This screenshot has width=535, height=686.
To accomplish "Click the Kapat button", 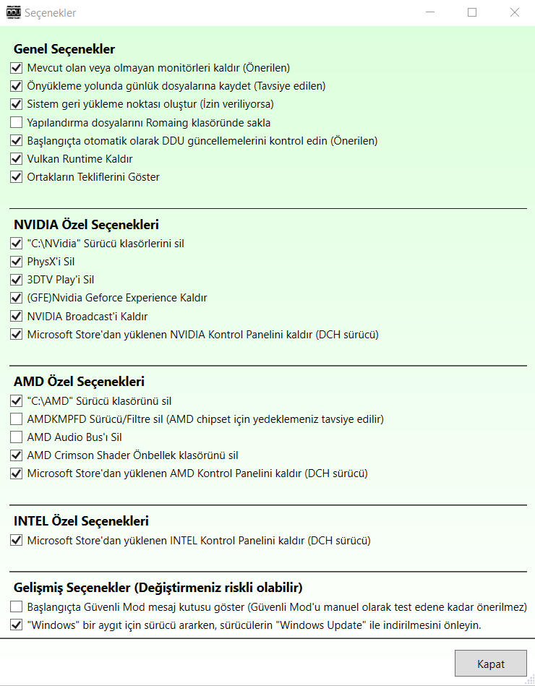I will click(491, 664).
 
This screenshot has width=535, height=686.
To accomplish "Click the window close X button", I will click(514, 12).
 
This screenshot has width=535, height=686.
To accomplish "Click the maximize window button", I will click(472, 12).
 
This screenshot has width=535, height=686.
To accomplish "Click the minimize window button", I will click(430, 12).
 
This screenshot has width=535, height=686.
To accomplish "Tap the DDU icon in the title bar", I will click(13, 12).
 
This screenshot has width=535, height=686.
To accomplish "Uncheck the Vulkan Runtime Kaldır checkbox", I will click(17, 159).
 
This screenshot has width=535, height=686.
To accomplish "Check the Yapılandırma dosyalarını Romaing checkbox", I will click(17, 123).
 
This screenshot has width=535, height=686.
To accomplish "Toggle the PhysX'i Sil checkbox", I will click(17, 262).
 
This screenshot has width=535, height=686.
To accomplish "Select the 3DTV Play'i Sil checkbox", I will click(17, 280).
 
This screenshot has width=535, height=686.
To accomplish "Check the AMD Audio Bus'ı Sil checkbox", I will click(17, 437).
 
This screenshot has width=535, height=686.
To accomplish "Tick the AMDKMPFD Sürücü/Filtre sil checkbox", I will click(17, 419).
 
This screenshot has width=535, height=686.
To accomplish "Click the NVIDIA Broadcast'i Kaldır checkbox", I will click(17, 317).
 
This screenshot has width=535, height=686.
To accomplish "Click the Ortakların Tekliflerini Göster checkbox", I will click(17, 177).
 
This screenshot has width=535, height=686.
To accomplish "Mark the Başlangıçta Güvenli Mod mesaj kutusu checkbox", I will click(17, 606).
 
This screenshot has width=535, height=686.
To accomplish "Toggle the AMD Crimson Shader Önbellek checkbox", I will click(17, 455).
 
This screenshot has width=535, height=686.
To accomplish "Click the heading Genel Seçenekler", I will click(64, 49).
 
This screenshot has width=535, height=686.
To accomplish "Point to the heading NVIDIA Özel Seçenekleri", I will click(86, 224).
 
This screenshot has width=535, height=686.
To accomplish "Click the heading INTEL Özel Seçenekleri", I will click(81, 520).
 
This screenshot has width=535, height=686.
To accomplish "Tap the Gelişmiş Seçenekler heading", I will click(158, 586).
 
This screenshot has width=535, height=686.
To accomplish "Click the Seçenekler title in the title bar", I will click(51, 13).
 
